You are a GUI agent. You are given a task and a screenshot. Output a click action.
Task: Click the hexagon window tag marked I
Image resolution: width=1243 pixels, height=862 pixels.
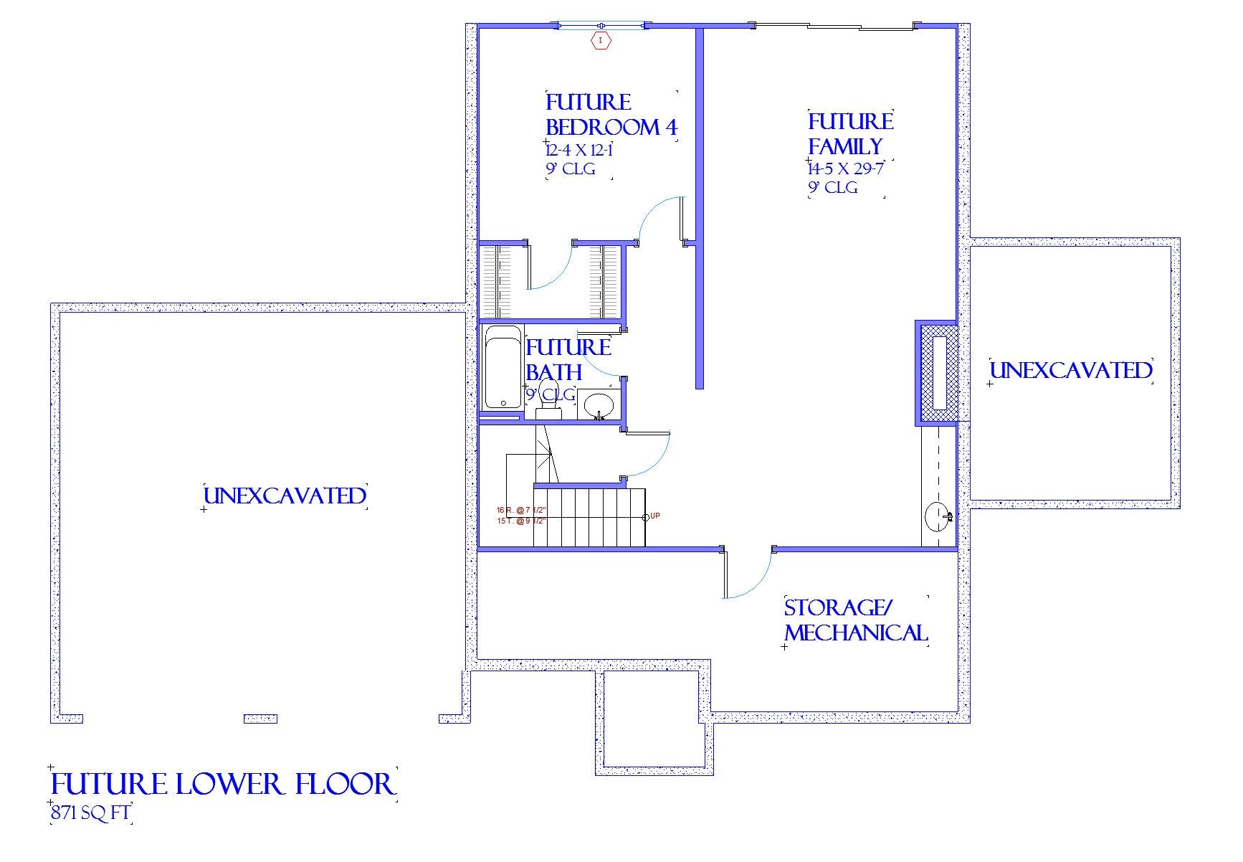(x=601, y=41)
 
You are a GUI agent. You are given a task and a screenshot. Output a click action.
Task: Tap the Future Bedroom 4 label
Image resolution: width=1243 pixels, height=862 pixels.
(x=610, y=115)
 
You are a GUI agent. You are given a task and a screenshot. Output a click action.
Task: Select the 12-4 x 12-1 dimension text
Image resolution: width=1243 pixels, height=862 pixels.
(x=578, y=151)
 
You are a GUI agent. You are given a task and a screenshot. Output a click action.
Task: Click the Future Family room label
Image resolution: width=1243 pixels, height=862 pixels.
(x=850, y=133)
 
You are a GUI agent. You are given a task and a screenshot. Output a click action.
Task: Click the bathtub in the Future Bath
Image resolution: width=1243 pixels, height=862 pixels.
(x=502, y=367)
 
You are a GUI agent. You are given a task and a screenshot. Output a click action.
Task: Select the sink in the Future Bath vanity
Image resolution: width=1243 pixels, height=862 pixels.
(x=599, y=405)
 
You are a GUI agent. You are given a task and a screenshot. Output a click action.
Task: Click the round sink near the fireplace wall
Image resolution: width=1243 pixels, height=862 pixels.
(x=937, y=516)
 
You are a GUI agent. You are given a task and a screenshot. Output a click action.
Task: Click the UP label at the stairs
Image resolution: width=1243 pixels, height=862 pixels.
(x=654, y=516)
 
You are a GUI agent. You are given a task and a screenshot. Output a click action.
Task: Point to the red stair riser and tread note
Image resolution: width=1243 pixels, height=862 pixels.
(x=521, y=516)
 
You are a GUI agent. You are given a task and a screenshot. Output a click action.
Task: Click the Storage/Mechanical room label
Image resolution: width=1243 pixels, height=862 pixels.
(x=855, y=620)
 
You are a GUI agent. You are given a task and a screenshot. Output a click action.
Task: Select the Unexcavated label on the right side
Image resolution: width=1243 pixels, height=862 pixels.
(x=1071, y=371)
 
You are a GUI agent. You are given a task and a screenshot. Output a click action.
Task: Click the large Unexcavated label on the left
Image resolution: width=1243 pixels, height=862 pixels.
(x=285, y=496)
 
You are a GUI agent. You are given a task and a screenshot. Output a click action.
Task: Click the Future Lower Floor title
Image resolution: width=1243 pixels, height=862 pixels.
(x=222, y=784)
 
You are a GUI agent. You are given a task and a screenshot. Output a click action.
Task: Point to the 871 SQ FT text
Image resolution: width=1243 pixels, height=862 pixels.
(x=90, y=813)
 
